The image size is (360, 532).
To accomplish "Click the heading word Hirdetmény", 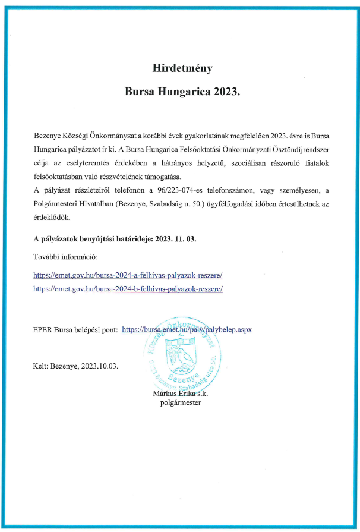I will (x=180, y=68).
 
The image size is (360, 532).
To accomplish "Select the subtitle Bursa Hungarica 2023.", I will (x=180, y=93).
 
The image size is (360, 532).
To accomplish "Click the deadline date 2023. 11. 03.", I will (x=176, y=238).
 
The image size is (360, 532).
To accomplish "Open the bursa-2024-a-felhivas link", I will (x=128, y=275).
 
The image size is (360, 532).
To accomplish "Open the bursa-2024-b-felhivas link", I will (x=128, y=288).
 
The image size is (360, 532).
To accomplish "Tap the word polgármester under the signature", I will (x=181, y=402).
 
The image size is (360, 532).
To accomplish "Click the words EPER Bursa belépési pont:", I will (x=75, y=329).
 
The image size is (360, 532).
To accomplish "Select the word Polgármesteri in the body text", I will (x=58, y=203).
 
